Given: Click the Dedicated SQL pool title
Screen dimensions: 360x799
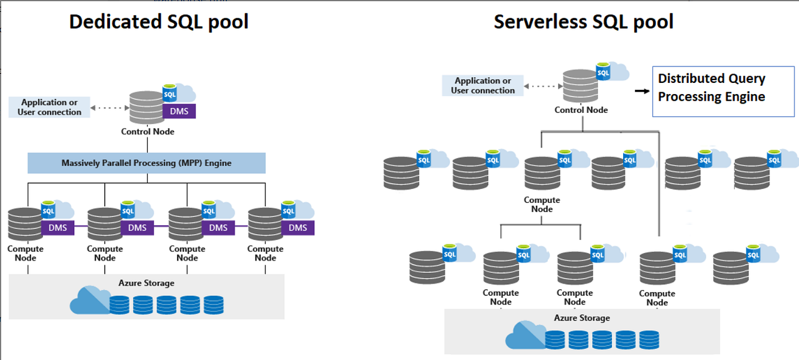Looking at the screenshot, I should click(x=159, y=22).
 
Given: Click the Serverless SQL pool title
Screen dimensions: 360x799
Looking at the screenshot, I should click(x=583, y=22).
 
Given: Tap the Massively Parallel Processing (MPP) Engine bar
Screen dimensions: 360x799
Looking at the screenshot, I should click(x=147, y=163).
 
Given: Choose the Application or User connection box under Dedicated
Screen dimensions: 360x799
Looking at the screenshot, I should click(x=49, y=108).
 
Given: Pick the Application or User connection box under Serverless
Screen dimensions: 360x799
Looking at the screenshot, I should click(x=482, y=86).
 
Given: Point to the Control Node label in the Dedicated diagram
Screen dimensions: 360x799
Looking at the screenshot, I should click(x=148, y=132).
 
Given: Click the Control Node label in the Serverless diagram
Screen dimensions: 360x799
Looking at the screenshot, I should click(x=581, y=110).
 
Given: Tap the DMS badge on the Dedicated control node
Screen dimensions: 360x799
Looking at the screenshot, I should click(x=179, y=111).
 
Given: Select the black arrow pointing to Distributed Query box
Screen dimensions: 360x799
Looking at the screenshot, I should click(x=641, y=91).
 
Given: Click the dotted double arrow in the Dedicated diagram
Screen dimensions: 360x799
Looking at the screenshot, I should click(x=111, y=108).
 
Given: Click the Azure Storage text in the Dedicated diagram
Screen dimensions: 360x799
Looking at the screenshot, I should click(x=147, y=283).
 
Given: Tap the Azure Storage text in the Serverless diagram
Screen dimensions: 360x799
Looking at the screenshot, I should click(x=581, y=318).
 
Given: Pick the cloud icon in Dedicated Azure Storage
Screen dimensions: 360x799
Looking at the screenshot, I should click(x=89, y=301).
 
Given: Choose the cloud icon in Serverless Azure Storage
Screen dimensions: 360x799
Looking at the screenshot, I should click(x=524, y=336).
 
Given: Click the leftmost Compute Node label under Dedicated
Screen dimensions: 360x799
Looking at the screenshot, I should click(x=25, y=254).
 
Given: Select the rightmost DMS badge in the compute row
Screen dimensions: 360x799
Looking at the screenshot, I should click(x=298, y=228).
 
